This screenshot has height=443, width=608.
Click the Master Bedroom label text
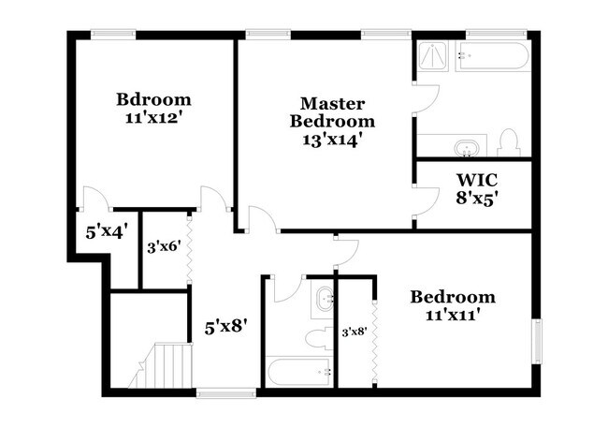click(x=331, y=111)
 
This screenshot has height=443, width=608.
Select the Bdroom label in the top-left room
click(x=153, y=99)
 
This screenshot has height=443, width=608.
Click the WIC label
click(x=476, y=178)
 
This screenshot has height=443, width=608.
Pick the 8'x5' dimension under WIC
click(x=476, y=198)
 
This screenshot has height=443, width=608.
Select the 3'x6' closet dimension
click(x=165, y=248)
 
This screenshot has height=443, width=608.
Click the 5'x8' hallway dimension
click(x=225, y=328)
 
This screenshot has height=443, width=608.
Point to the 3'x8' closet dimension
click(x=355, y=332)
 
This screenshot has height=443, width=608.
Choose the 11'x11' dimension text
click(x=453, y=316)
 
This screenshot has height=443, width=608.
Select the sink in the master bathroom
click(x=465, y=147)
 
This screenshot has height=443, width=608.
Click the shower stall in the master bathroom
click(x=433, y=62)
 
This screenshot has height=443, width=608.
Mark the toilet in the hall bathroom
click(x=318, y=334)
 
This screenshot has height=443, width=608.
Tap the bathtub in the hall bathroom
click(x=299, y=371)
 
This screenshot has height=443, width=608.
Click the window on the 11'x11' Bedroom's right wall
click(x=537, y=341)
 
